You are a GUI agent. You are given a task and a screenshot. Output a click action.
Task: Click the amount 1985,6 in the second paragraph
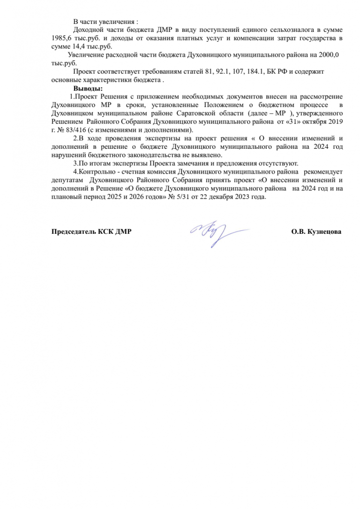(61, 38)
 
